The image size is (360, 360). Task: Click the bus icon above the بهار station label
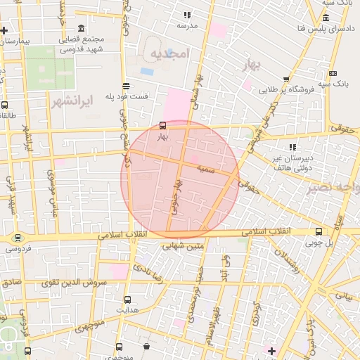[163, 127]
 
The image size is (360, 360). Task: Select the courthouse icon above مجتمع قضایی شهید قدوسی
[81, 28]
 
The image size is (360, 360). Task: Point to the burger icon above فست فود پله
[126, 85]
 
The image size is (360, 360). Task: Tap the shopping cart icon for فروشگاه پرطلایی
[286, 80]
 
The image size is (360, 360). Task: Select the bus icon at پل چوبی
[319, 231]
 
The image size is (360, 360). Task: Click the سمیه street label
[206, 170]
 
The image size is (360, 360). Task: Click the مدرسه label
[187, 25]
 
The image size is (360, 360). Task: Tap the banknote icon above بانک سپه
[333, 74]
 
